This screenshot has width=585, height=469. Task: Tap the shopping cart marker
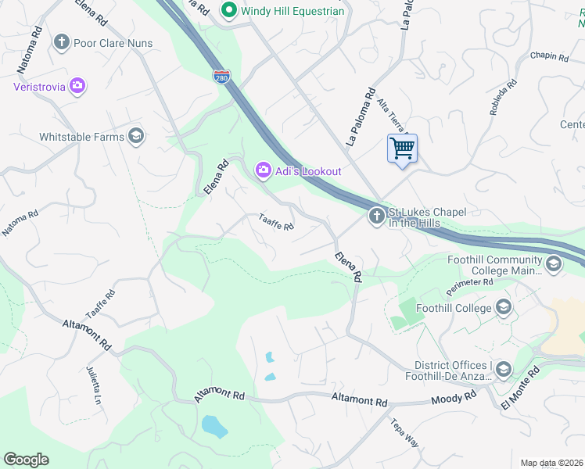tap(402, 148)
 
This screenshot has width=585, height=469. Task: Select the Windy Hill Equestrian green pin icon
tap(229, 11)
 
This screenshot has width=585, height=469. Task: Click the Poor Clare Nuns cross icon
tap(63, 42)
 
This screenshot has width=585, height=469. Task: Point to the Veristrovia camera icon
tap(77, 86)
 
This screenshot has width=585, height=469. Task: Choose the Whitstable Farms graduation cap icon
tap(136, 137)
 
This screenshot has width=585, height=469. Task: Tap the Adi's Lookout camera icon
tap(263, 170)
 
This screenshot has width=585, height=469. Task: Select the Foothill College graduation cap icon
tap(504, 308)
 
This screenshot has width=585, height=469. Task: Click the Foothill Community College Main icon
tap(554, 264)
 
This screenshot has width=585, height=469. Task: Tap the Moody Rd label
tap(454, 398)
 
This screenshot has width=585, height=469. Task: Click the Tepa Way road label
tap(405, 433)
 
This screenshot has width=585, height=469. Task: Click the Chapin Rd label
tap(548, 56)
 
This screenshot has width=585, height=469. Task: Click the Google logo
tap(26, 460)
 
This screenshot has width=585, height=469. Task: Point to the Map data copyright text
tap(551, 463)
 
